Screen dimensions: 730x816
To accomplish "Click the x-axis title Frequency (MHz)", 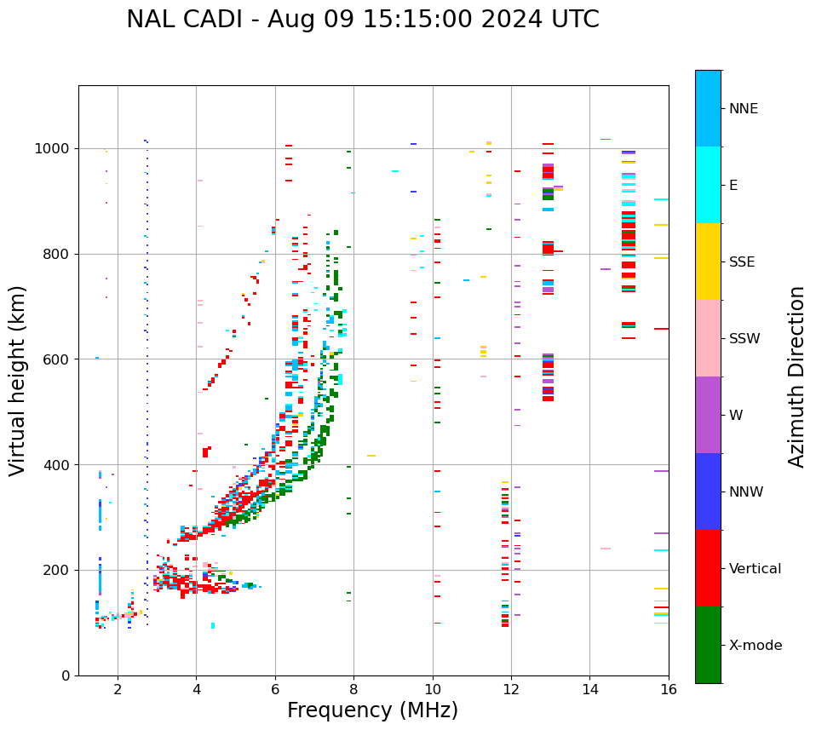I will [x=372, y=710].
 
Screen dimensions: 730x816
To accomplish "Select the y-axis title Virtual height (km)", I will [x=18, y=380].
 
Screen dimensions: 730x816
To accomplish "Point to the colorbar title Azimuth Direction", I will [x=796, y=376].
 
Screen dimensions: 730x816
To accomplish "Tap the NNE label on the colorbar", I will [x=743, y=109].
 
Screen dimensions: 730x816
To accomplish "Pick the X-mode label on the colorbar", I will [x=756, y=646].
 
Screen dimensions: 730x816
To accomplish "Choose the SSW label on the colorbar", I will [x=744, y=339].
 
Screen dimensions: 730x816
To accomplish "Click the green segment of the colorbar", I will [x=708, y=645].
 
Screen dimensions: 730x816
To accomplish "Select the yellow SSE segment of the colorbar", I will [x=708, y=262].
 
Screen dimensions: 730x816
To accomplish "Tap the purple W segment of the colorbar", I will [x=708, y=415].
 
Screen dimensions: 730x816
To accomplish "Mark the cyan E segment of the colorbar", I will [x=708, y=185].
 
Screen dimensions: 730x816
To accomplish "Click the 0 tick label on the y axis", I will [x=66, y=675].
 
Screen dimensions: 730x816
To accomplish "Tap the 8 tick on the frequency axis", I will [x=353, y=689].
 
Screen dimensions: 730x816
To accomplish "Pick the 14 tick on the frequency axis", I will [x=589, y=689].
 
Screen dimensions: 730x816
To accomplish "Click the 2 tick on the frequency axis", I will [x=118, y=689].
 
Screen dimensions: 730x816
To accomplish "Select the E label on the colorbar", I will [x=733, y=186].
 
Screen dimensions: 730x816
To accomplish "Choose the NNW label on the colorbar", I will [x=746, y=492].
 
